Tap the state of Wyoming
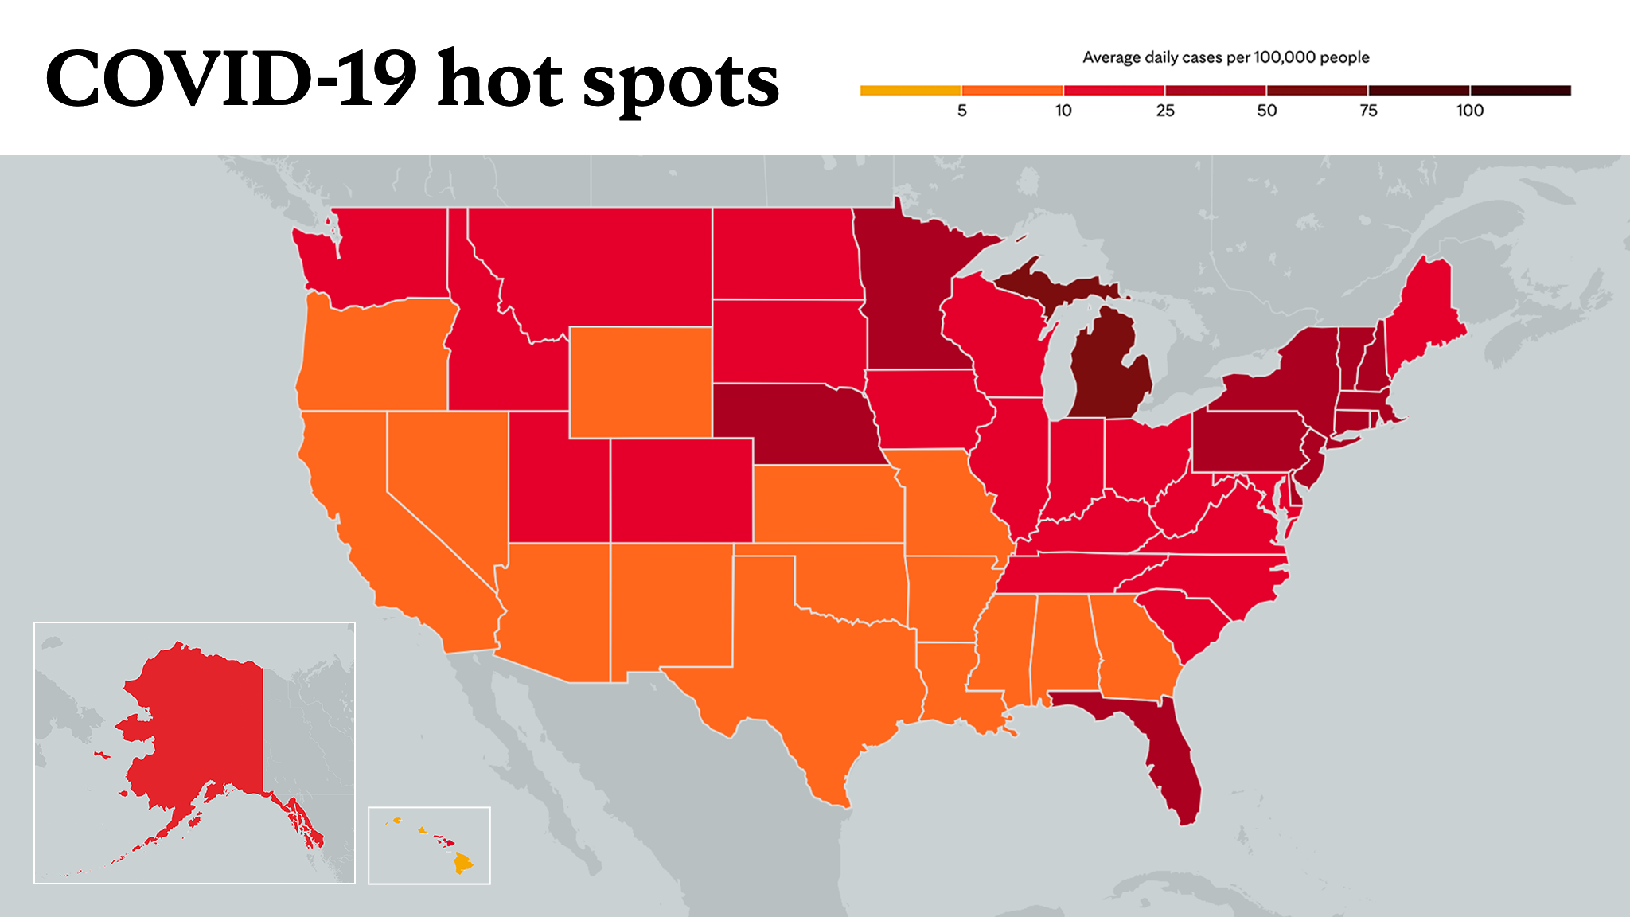point(641,382)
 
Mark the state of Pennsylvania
point(1250,442)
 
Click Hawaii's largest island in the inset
point(462,863)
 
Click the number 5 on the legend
point(961,111)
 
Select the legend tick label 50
point(1266,111)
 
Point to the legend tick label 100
point(1470,111)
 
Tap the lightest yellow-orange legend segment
point(911,91)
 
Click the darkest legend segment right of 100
point(1521,91)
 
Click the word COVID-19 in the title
point(232,79)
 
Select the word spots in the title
point(681,84)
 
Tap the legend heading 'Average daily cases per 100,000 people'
point(1226,57)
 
